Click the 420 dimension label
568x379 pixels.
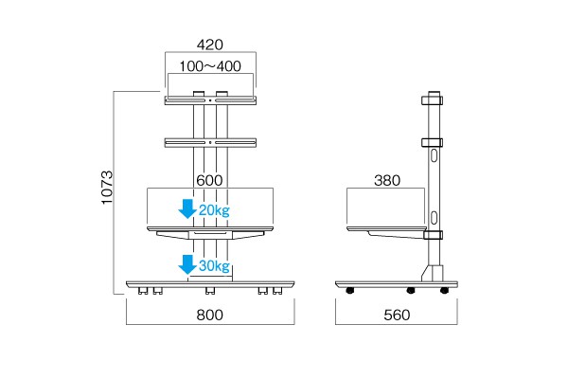(x=210, y=45)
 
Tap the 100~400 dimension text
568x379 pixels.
(x=210, y=66)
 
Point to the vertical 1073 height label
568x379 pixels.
(x=107, y=188)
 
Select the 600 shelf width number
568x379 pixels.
(x=209, y=180)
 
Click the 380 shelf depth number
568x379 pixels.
(x=387, y=180)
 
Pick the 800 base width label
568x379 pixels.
(x=210, y=315)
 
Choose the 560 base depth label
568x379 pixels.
(x=397, y=315)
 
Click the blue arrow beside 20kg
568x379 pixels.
(x=187, y=208)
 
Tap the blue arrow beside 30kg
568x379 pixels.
(x=187, y=264)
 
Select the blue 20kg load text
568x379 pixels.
(x=215, y=210)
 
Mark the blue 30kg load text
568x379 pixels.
(x=215, y=266)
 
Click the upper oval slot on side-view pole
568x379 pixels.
(x=434, y=155)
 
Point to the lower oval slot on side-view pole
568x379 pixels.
(x=434, y=218)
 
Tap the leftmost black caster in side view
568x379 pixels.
(x=350, y=290)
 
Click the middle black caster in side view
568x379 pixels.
(x=411, y=290)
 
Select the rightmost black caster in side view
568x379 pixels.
(x=445, y=290)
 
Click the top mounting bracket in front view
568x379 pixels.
(x=210, y=100)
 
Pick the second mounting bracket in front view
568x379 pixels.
(x=210, y=142)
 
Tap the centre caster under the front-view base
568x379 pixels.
(x=210, y=291)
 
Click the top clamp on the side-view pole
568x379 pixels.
(x=433, y=100)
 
